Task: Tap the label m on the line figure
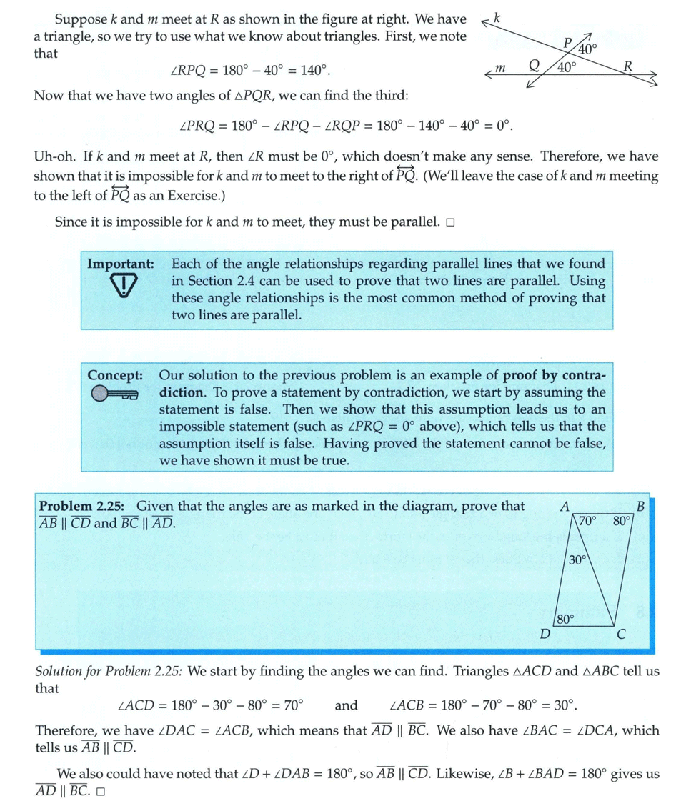(500, 69)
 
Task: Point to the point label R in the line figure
(628, 67)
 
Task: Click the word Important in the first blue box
(120, 264)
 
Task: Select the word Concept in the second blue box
(115, 375)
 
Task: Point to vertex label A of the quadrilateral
(565, 507)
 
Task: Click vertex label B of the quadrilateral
(640, 507)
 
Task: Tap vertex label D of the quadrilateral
(545, 634)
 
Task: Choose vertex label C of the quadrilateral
(621, 634)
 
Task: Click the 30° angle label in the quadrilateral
(577, 561)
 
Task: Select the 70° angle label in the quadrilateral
(587, 521)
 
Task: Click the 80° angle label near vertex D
(565, 619)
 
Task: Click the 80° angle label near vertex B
(622, 521)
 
